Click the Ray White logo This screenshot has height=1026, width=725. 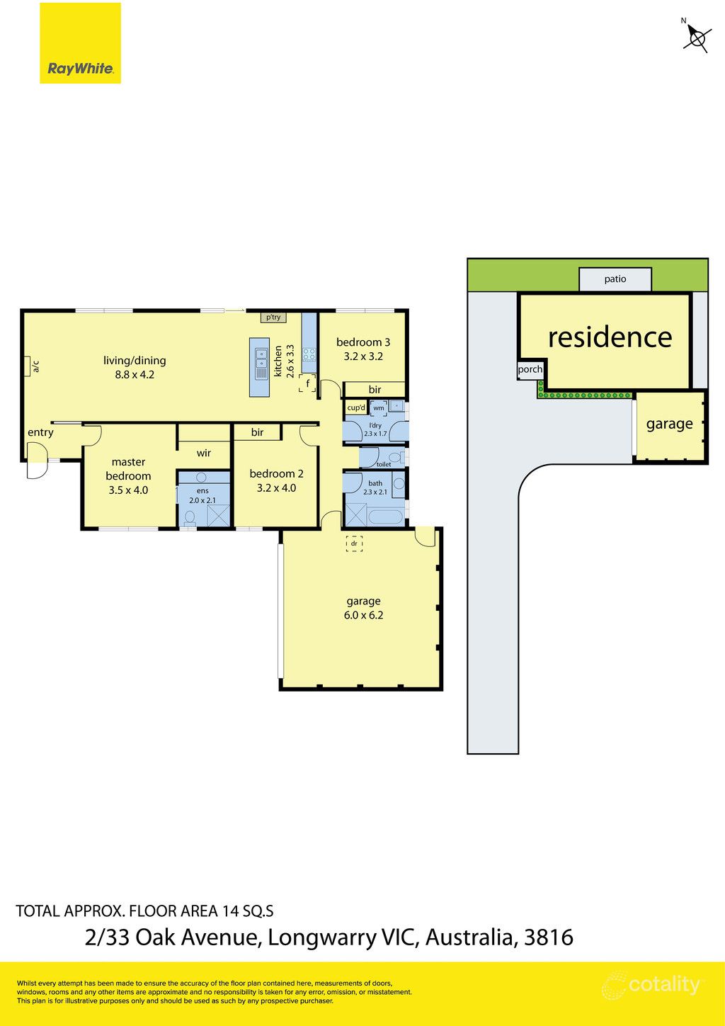(x=80, y=43)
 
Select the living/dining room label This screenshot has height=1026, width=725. (x=135, y=361)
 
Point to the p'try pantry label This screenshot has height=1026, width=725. (x=273, y=317)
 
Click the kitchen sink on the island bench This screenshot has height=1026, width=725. (x=261, y=359)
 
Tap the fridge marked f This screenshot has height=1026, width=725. (x=307, y=383)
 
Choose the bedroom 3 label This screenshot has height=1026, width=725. (x=363, y=342)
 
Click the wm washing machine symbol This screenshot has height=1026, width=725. (x=379, y=408)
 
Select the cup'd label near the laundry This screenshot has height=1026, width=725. (x=356, y=407)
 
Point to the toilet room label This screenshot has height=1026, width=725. (x=384, y=464)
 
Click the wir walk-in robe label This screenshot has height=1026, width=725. (x=204, y=453)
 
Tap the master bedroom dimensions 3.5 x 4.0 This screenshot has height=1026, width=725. (x=128, y=490)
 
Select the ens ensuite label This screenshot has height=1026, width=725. (x=202, y=490)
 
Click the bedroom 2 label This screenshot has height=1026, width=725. (x=276, y=473)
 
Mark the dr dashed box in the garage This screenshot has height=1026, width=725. (x=354, y=544)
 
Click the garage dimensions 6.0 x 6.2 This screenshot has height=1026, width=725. (x=363, y=615)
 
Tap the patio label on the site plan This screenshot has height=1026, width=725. (x=615, y=279)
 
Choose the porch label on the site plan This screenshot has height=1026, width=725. (x=530, y=369)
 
